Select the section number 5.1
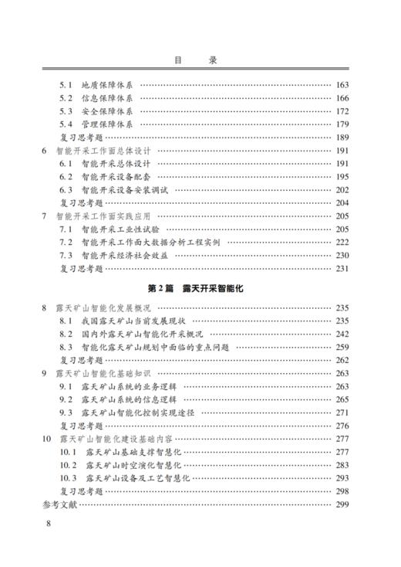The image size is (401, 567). click(x=66, y=85)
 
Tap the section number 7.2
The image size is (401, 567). click(x=66, y=243)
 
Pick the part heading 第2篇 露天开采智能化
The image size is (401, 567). click(x=200, y=289)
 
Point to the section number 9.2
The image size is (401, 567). click(x=66, y=400)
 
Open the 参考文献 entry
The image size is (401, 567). click(x=60, y=505)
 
